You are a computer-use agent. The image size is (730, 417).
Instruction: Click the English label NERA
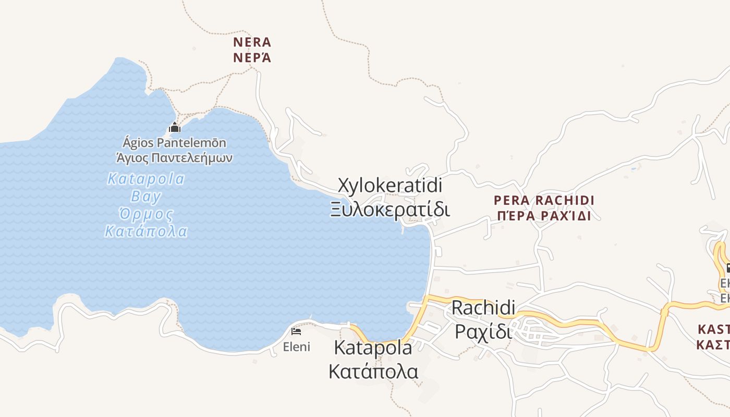(252, 42)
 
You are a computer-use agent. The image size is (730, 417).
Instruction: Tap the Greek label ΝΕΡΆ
(252, 57)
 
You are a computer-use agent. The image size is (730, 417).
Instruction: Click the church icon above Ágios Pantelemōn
(174, 127)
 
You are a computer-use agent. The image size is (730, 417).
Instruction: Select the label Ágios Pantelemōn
(174, 142)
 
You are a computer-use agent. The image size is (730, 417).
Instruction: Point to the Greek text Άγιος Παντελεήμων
(174, 157)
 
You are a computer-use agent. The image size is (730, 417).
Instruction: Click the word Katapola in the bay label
(146, 179)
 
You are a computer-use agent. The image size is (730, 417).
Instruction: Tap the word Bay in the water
(146, 197)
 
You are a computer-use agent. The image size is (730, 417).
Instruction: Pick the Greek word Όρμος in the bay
(146, 214)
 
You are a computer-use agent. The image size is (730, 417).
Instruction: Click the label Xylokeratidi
(390, 186)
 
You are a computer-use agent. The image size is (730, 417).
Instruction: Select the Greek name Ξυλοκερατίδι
(390, 210)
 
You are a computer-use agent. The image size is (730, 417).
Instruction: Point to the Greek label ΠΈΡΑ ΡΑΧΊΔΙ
(544, 216)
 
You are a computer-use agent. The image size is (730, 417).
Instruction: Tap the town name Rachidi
(483, 308)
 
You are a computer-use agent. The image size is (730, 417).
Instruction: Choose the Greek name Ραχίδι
(483, 331)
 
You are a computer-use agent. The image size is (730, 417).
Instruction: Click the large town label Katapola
(373, 348)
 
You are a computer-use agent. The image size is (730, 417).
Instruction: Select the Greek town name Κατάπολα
(373, 372)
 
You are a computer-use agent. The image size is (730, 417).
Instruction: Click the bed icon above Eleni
(296, 332)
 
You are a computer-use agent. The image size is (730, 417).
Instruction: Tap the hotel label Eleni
(296, 347)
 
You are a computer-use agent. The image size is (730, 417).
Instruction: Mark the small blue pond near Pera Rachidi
(634, 168)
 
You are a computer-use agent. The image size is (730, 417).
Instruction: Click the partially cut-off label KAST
(713, 329)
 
